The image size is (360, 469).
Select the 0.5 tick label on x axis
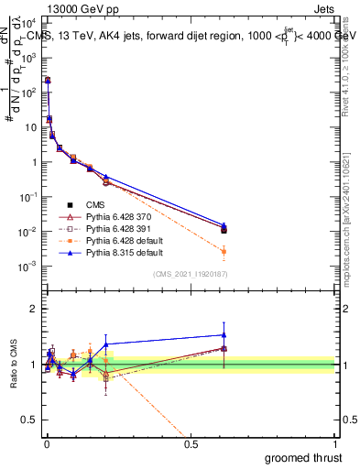[x=191, y=444]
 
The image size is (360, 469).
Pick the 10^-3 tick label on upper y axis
[x=27, y=267]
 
